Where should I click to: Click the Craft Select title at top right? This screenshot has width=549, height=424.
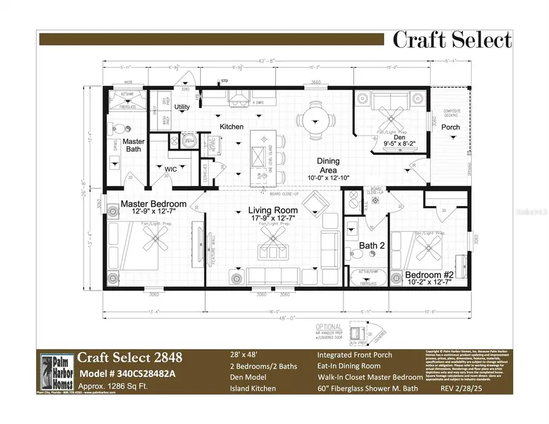coord(451,40)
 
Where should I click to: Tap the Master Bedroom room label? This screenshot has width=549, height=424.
coord(153,204)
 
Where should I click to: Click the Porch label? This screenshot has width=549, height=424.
coord(451,128)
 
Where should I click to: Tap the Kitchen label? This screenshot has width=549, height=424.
coord(232,127)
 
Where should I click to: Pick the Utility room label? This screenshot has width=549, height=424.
coord(182,107)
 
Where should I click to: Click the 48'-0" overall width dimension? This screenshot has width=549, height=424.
coord(282,319)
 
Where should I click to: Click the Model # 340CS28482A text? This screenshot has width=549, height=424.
coord(126,374)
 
